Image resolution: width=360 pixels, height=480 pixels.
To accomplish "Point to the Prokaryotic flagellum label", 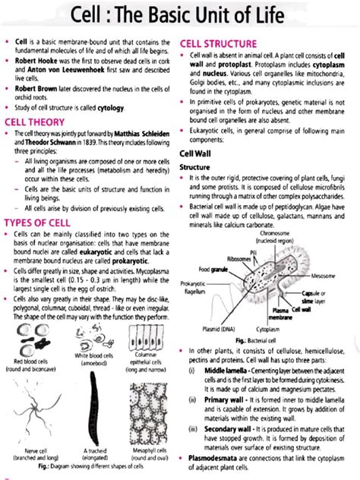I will (x=196, y=287).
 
